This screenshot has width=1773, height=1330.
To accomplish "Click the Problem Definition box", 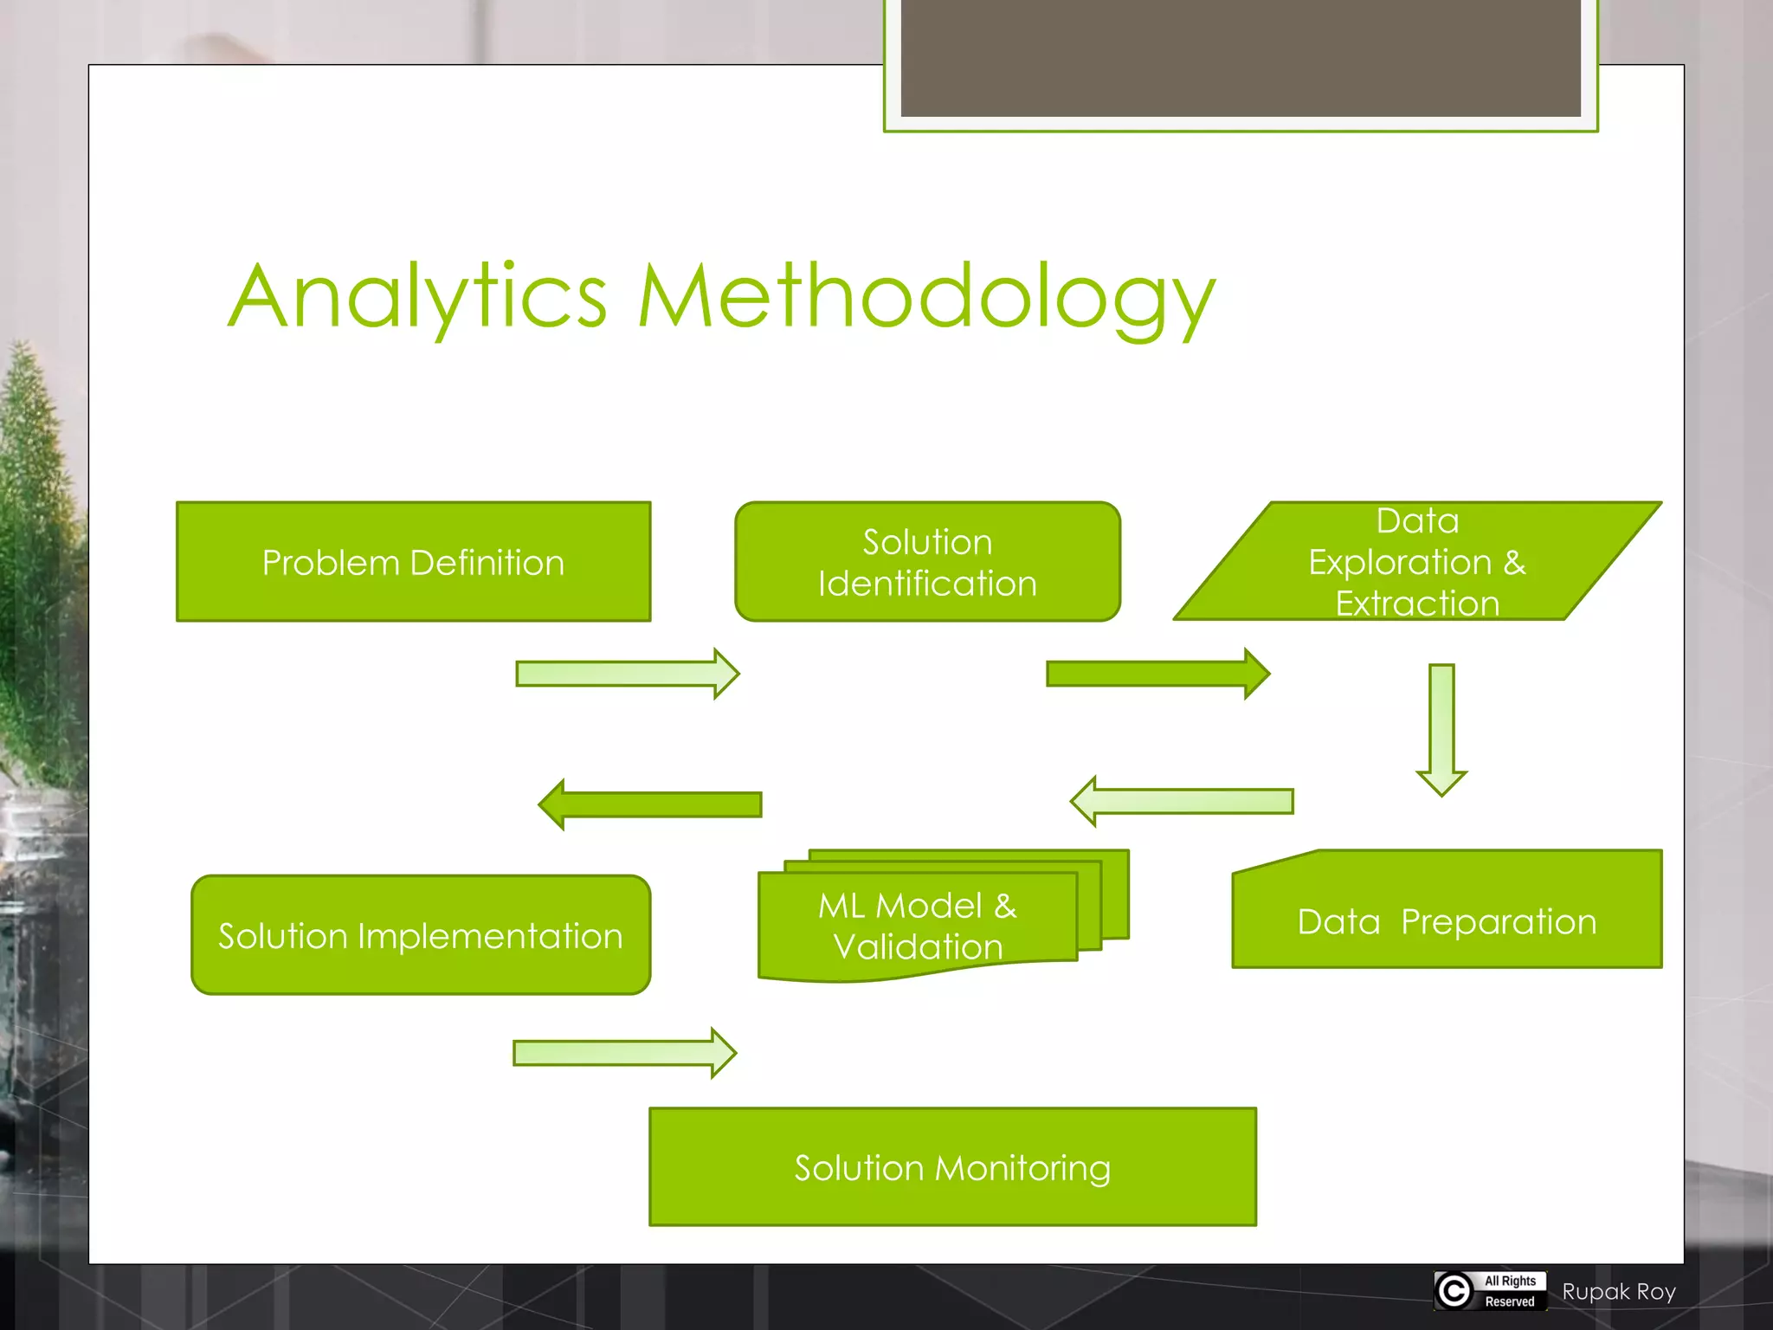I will (413, 562).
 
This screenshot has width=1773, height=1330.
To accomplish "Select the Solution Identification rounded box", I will (927, 562).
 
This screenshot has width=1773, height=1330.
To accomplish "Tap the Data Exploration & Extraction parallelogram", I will (1417, 562).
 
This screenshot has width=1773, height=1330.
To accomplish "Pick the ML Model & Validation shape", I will (918, 925).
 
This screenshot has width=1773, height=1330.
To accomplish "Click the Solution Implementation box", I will (421, 935).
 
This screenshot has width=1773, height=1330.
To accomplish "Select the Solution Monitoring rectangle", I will (952, 1167).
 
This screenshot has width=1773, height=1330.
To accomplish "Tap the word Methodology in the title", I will (926, 299).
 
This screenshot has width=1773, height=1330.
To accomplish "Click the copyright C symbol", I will (1454, 1291).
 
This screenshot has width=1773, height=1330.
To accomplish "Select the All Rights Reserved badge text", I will (1510, 1291).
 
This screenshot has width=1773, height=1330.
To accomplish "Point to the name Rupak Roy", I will (1619, 1292).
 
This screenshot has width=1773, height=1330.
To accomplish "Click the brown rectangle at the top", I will (1240, 56).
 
